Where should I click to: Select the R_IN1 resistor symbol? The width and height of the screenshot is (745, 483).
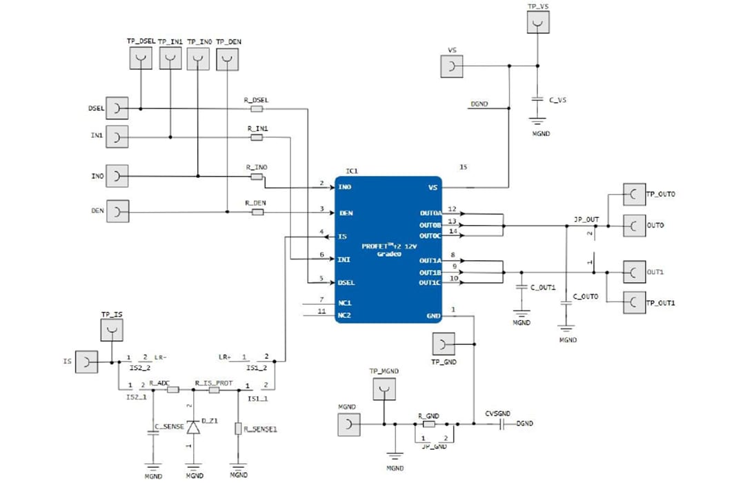coord(257,138)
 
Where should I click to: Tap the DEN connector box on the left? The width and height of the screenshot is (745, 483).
coord(118,211)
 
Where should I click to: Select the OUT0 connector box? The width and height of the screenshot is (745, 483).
coord(633,225)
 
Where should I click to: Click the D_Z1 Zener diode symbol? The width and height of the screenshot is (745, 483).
coord(194,427)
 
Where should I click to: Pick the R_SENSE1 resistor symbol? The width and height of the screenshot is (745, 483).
coord(238,428)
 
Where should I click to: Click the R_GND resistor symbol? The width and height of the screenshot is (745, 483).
coord(428,424)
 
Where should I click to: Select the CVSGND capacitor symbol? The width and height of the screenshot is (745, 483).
coord(503,424)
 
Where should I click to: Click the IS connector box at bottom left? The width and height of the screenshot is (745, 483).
coord(86,362)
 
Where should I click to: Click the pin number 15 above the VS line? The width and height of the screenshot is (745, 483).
coord(463,167)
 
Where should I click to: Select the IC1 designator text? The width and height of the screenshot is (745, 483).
coord(352,170)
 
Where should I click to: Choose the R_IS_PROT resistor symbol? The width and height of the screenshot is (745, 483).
coord(214,390)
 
